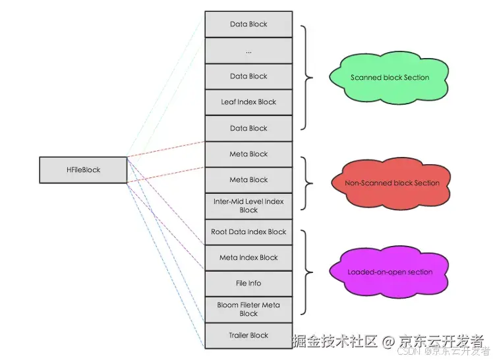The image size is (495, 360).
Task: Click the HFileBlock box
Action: (82, 169)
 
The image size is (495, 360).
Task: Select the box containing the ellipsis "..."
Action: (248, 50)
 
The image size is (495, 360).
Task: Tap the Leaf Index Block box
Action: (248, 102)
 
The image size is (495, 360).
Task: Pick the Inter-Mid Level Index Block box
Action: (248, 205)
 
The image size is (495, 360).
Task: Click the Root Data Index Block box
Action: (248, 231)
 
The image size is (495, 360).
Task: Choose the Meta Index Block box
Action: (248, 257)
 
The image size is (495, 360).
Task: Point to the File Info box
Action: (248, 283)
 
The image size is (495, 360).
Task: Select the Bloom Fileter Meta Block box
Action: (248, 309)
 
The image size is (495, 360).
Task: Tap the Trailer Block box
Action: (248, 335)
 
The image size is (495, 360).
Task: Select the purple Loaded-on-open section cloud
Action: (390, 272)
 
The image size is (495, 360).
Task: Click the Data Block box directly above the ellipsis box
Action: (248, 24)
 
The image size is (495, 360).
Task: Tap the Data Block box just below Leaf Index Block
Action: (248, 128)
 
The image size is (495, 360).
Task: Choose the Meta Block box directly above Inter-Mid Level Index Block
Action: (248, 179)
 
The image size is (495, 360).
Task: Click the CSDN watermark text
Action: (409, 351)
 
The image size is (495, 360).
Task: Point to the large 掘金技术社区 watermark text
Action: (335, 341)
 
